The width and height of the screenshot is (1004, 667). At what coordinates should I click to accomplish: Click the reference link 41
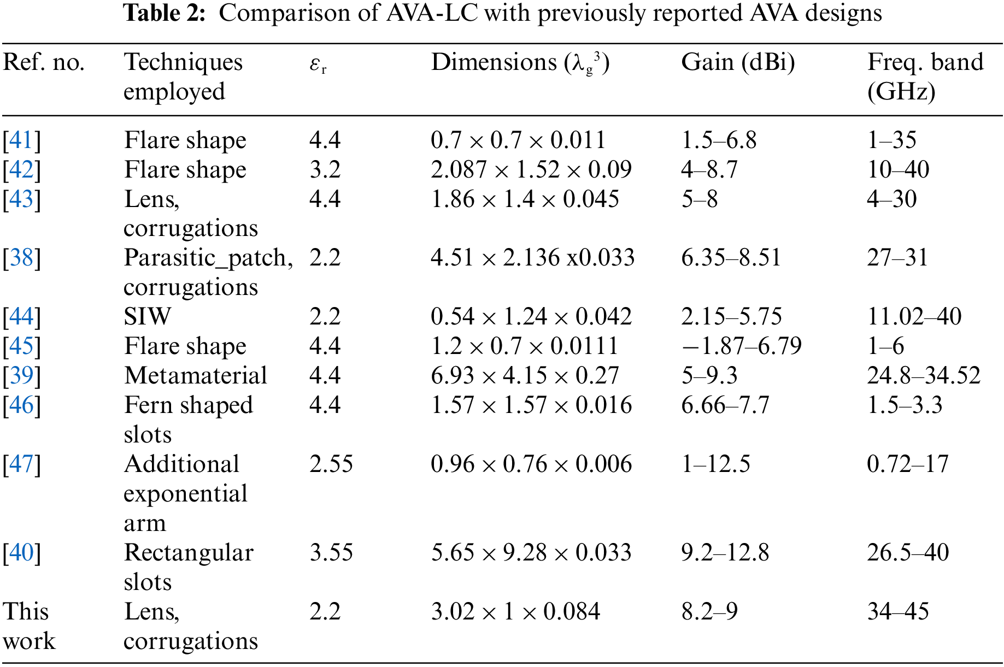click(22, 140)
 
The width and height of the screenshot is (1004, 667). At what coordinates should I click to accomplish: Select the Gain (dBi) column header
click(737, 63)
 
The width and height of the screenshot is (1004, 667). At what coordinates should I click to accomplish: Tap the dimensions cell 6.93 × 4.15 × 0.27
click(524, 376)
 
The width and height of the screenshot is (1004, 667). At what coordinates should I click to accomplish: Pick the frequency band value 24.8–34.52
click(923, 376)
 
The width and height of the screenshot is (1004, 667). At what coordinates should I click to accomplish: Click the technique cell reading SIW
click(148, 317)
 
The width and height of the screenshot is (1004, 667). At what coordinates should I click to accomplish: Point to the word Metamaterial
click(195, 376)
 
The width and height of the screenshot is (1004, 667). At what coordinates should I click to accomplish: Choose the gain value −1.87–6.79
click(741, 346)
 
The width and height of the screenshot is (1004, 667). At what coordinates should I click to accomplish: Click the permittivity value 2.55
click(331, 464)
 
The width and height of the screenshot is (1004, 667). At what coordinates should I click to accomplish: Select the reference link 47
click(22, 464)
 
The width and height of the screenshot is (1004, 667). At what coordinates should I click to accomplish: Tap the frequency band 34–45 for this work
click(897, 612)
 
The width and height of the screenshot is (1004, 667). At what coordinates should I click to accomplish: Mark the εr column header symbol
click(318, 64)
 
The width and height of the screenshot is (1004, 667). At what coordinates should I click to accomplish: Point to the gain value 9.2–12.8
click(725, 553)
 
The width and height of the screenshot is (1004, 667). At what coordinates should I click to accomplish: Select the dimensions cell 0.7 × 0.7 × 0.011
click(518, 140)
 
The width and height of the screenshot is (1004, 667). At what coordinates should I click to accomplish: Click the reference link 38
click(22, 258)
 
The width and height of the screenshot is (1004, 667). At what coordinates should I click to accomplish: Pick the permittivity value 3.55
click(331, 553)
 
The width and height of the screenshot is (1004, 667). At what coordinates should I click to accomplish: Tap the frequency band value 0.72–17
click(907, 464)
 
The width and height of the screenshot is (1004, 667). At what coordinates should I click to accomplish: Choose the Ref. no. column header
click(44, 63)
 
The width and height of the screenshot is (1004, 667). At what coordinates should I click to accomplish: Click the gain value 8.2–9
click(709, 612)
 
